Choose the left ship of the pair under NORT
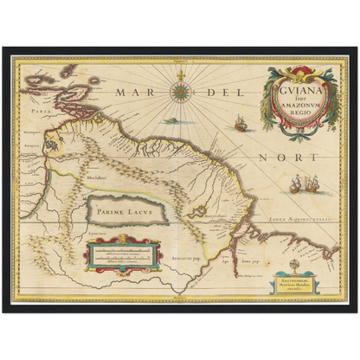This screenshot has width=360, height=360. tap(299, 183)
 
